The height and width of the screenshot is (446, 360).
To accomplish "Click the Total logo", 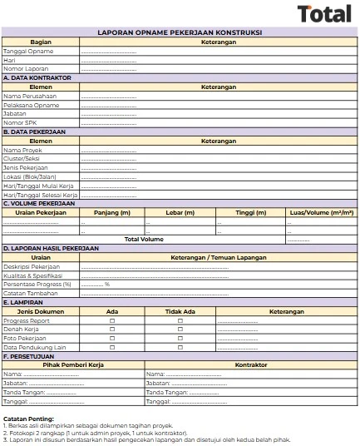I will [x=323, y=13].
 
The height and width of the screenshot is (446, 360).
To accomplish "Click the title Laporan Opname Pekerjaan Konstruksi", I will [x=180, y=32].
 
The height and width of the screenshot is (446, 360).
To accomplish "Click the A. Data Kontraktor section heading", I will [x=37, y=77].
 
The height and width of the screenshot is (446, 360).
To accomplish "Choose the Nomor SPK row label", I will [x=21, y=122].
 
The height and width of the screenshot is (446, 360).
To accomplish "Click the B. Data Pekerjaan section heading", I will [x=37, y=131].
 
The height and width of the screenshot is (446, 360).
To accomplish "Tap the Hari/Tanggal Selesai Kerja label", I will [x=41, y=195].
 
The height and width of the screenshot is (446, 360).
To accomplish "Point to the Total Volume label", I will [x=144, y=239].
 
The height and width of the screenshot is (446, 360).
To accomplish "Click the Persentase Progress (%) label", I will [x=37, y=284].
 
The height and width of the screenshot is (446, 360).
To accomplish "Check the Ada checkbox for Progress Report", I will [x=112, y=320].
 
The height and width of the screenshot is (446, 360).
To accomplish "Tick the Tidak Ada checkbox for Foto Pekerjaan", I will [x=180, y=338].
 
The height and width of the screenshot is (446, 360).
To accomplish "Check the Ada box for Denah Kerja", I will [x=112, y=329].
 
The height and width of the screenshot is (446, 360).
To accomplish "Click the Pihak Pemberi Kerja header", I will [x=72, y=364].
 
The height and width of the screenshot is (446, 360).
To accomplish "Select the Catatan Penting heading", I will [x=29, y=418].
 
